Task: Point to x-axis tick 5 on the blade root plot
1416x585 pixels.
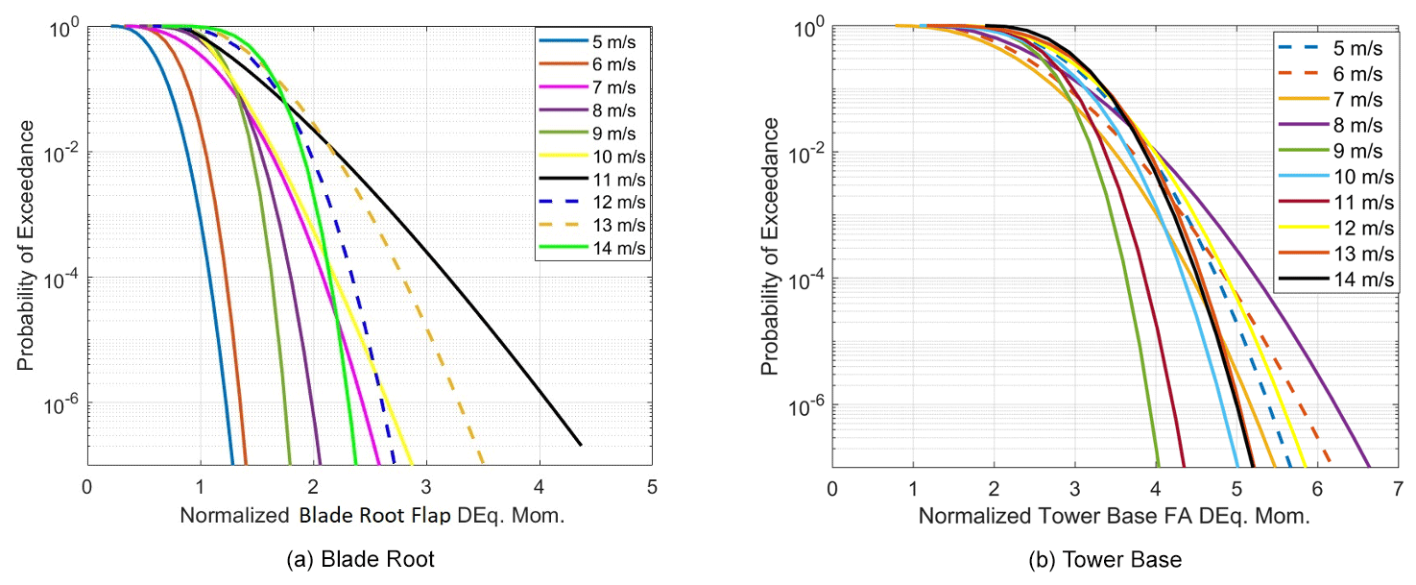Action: pyautogui.click(x=652, y=486)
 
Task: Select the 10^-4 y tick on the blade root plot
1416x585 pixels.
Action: pyautogui.click(x=60, y=279)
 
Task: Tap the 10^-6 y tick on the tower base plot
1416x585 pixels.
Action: pyautogui.click(x=804, y=405)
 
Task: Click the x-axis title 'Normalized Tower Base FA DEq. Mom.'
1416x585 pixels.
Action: pyautogui.click(x=1114, y=516)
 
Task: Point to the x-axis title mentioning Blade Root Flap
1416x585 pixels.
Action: pyautogui.click(x=372, y=516)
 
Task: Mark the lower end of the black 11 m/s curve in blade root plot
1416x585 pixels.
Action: pyautogui.click(x=581, y=445)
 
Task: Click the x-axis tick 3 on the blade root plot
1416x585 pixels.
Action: pyautogui.click(x=426, y=486)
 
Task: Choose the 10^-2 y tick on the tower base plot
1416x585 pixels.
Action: pyautogui.click(x=804, y=153)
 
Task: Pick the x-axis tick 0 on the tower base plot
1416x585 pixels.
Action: pyautogui.click(x=832, y=486)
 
